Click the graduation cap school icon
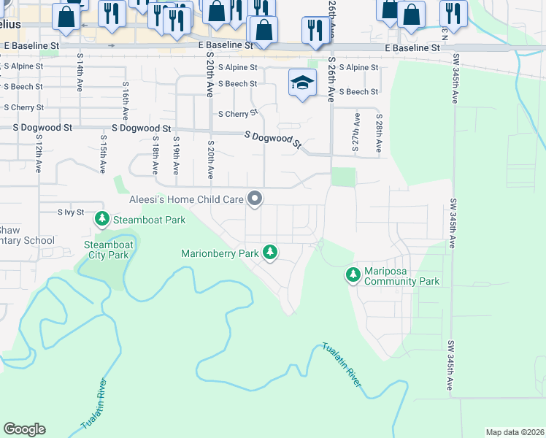301,82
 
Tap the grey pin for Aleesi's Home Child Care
255,198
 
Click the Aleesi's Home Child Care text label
187,199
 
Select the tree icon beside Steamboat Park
103,218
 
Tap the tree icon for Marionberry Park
271,253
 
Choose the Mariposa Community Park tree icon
353,274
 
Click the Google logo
24,429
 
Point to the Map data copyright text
515,432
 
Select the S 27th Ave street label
356,132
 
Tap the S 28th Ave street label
379,132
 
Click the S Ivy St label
72,212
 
